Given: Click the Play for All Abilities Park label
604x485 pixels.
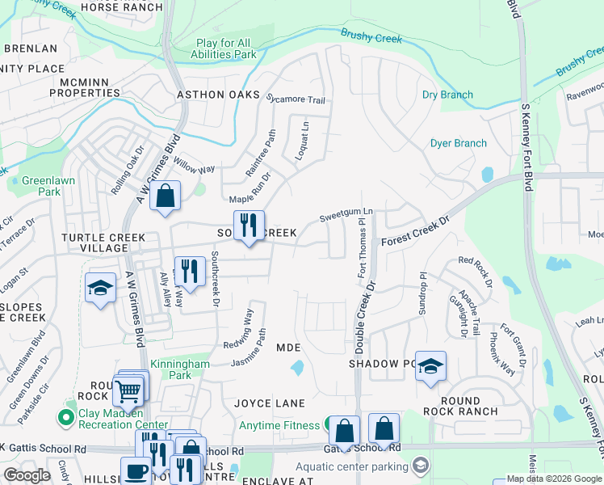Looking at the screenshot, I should pos(226,48).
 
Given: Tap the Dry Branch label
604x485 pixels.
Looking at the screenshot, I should pos(447,95).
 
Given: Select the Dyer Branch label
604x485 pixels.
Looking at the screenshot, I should pos(458,143).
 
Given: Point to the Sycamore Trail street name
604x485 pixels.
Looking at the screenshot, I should pos(296,100).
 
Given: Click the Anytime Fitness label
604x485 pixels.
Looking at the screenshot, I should pos(280,425).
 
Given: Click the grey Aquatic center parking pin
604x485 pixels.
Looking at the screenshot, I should pos(420,465).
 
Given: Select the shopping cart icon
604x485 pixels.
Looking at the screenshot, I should pos(128,391).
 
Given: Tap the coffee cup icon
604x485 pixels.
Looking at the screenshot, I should pos(136,470).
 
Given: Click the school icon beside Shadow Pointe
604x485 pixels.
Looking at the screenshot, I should pos(430,365).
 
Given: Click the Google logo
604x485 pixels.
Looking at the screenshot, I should pos(27,475).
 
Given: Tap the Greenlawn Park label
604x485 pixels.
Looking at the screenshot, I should pos(40,186).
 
